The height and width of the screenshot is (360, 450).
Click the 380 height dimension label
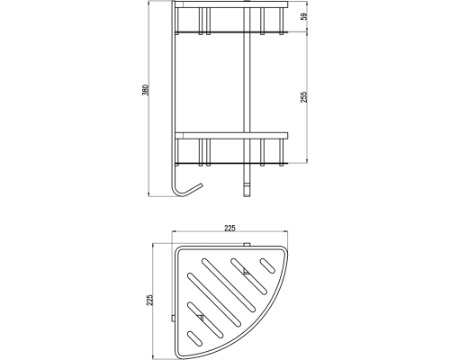pyautogui.click(x=145, y=90)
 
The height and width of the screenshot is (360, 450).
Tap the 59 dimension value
pyautogui.click(x=304, y=16)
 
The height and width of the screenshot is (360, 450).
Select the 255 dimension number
pyautogui.click(x=304, y=97)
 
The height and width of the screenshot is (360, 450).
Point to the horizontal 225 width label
pyautogui.click(x=229, y=228)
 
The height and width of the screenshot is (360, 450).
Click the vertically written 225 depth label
pyautogui.click(x=149, y=300)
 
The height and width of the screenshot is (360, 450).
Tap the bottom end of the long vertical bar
pyautogui.click(x=247, y=195)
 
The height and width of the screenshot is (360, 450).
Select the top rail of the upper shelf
pyautogui.click(x=231, y=4)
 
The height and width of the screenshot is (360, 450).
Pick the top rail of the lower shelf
pyautogui.click(x=231, y=136)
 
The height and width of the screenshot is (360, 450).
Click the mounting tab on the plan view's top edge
pyautogui.click(x=247, y=244)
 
